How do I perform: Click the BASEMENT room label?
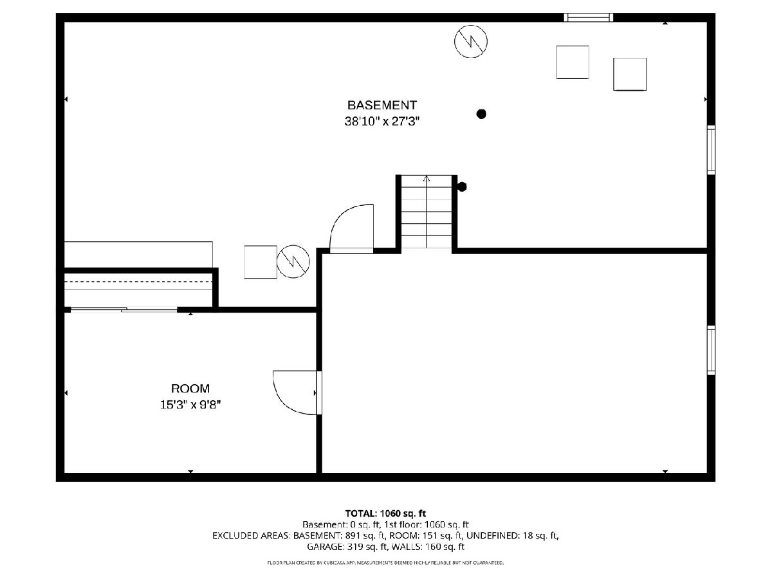coord(382,105)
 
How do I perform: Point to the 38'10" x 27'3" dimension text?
coord(382,122)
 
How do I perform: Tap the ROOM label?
coord(190,389)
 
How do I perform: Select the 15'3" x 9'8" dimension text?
coord(190,405)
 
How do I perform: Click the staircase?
coord(427,212)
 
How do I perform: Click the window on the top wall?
coord(589,17)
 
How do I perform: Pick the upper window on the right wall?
coord(711,150)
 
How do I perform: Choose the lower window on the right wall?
coord(711,350)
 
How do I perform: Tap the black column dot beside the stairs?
coord(462,187)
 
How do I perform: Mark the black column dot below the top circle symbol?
coord(481,114)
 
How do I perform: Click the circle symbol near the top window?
coord(470,41)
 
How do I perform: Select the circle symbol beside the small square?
coord(293,262)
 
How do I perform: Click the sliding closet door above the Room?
coord(124,309)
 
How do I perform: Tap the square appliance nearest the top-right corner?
coord(630,74)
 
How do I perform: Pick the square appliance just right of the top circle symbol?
coord(572,62)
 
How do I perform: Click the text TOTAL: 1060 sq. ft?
coord(385,513)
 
